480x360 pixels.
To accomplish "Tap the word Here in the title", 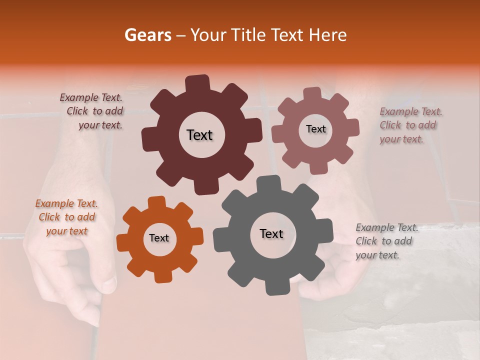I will click(x=329, y=35).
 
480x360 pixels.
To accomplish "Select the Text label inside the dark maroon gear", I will click(x=199, y=135).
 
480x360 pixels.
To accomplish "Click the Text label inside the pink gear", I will click(x=315, y=129).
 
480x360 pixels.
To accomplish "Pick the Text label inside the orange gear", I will click(x=159, y=238).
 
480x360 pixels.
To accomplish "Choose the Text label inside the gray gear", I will click(x=271, y=233).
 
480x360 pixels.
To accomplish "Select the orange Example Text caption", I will click(x=66, y=217).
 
